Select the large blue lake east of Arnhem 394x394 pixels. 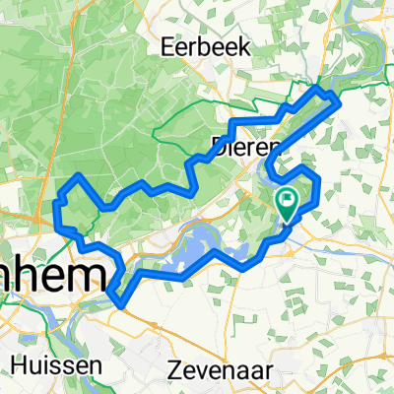197,251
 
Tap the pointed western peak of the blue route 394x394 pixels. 79,174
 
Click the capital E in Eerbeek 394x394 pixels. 170,46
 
